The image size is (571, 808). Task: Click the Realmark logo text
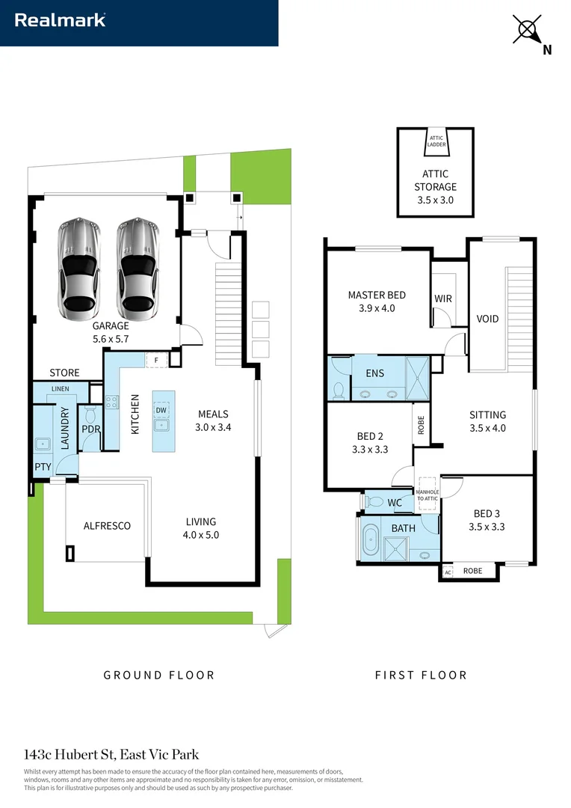[60, 20]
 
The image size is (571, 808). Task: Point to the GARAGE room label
[111, 325]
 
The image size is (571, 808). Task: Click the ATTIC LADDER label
[436, 141]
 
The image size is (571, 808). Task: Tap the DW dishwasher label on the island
[161, 410]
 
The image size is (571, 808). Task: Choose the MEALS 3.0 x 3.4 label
[213, 420]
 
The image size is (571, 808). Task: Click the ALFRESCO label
[107, 526]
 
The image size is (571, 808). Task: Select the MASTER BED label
[377, 295]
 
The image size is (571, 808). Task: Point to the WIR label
[443, 299]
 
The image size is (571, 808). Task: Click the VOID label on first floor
[487, 319]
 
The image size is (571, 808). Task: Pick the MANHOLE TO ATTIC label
[428, 495]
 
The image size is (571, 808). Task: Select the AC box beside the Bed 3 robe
[448, 572]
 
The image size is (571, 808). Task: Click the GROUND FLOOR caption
[159, 675]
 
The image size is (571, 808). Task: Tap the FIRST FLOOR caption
[422, 675]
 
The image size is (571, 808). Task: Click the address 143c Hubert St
[70, 754]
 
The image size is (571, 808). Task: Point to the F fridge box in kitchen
[156, 360]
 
